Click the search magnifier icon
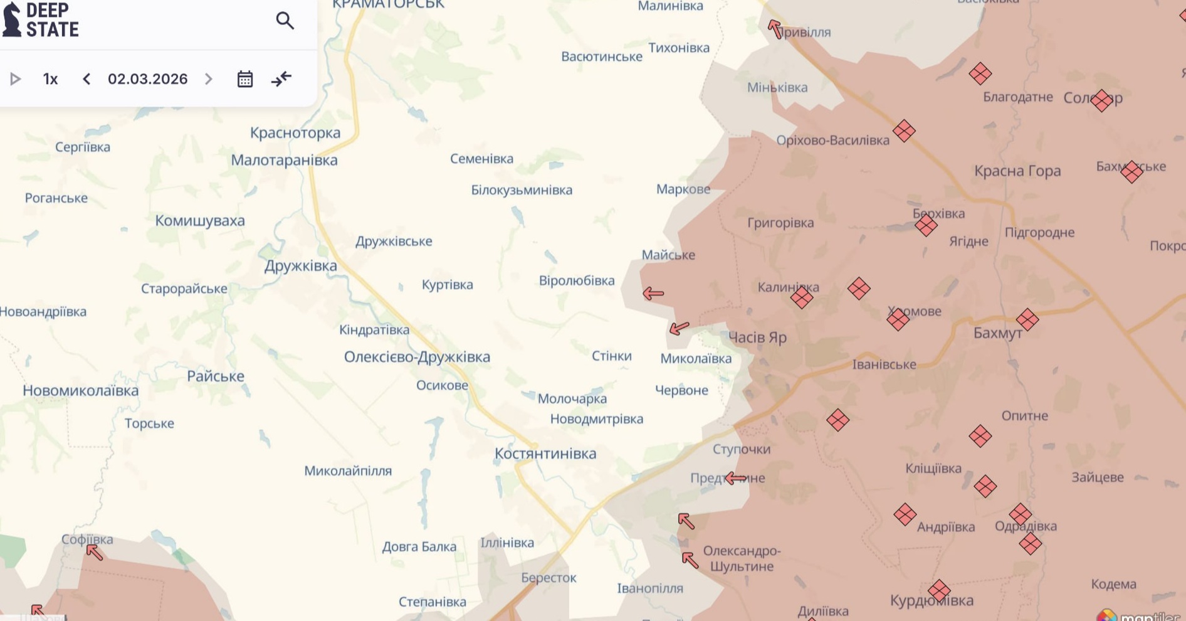coord(285,21)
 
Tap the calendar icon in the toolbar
coord(245,79)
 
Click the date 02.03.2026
coord(147,79)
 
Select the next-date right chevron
coord(209,79)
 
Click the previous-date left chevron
coord(87,79)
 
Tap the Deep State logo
coord(41,20)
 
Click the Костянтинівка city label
coord(545,454)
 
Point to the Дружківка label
coord(300,266)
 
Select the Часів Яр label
coord(757,337)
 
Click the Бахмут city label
coord(997,333)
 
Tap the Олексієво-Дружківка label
coord(417,357)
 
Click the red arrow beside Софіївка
coord(95,553)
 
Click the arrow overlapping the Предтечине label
coord(735,479)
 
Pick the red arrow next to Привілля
coord(775,29)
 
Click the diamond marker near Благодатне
coord(980,73)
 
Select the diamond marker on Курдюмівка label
coord(938,590)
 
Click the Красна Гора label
coord(1017,171)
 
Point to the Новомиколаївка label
coord(80,391)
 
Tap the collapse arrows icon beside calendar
coord(281,79)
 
